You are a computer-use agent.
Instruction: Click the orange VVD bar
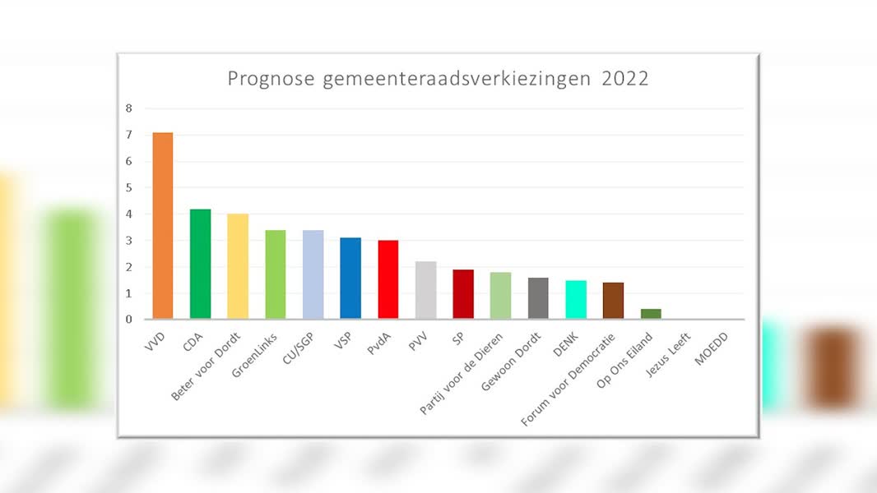pyautogui.click(x=163, y=226)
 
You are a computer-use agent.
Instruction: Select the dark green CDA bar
pyautogui.click(x=200, y=264)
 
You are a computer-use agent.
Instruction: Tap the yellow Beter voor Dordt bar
pyautogui.click(x=238, y=266)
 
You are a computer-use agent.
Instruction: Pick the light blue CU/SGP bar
pyautogui.click(x=313, y=274)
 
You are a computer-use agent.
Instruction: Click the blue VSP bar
pyautogui.click(x=350, y=278)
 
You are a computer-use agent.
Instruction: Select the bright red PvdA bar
pyautogui.click(x=388, y=279)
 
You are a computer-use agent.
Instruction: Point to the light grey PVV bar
pyautogui.click(x=425, y=290)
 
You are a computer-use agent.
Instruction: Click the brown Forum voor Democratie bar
pyautogui.click(x=613, y=301)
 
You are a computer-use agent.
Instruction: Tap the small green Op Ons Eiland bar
pyautogui.click(x=651, y=314)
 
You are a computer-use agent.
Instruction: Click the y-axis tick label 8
pyautogui.click(x=129, y=108)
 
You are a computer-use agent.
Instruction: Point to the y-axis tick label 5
pyautogui.click(x=129, y=187)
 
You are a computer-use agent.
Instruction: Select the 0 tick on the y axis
pyautogui.click(x=129, y=320)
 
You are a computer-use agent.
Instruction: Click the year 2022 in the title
pyautogui.click(x=624, y=79)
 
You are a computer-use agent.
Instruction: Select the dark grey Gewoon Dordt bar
pyautogui.click(x=538, y=298)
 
